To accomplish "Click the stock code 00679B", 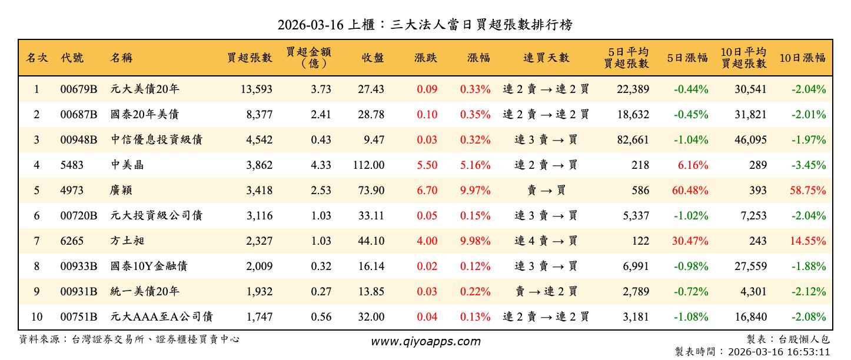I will [78, 89].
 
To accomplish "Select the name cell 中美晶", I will [128, 165].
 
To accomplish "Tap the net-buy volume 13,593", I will [257, 89].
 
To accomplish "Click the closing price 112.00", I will [368, 165].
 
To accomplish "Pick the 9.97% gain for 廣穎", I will [475, 191].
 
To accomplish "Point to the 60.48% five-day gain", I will [693, 191].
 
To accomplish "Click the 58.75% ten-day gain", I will [810, 191].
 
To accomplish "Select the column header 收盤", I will [373, 58].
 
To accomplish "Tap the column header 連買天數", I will [546, 58].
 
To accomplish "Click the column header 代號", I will [72, 58].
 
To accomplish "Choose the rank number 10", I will [36, 317].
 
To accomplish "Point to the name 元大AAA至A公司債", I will [162, 317].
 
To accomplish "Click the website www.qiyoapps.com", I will [425, 341].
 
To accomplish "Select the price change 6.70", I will [427, 191].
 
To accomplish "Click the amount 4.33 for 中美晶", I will [321, 165].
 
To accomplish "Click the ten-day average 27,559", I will [750, 266].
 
